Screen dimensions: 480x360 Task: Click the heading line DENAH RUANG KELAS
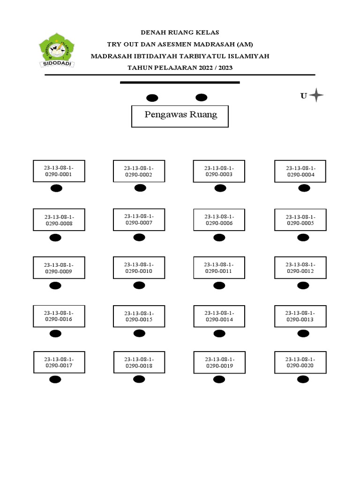tap(180, 32)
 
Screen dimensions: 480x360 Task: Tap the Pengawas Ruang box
tap(180, 115)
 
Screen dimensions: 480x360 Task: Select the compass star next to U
tap(316, 95)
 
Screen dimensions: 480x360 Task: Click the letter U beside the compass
tap(304, 96)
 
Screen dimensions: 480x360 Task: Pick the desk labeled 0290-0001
tap(59, 171)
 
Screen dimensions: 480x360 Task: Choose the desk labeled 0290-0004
tap(300, 171)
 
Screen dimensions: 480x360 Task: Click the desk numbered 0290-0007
tap(139, 219)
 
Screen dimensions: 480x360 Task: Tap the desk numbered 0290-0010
tap(139, 268)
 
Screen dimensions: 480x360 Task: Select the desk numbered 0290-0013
tap(300, 316)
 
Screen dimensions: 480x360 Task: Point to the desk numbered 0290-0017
tap(59, 362)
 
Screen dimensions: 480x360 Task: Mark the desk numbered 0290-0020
tap(300, 362)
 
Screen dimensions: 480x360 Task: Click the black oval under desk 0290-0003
tap(219, 188)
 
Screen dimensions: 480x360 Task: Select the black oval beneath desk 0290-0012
tap(304, 285)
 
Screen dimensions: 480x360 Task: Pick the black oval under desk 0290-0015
tap(139, 333)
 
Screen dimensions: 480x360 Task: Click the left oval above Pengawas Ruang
tap(152, 98)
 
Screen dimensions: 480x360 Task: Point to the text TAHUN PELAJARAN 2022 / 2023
tap(180, 68)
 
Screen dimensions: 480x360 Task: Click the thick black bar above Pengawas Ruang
tap(180, 82)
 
